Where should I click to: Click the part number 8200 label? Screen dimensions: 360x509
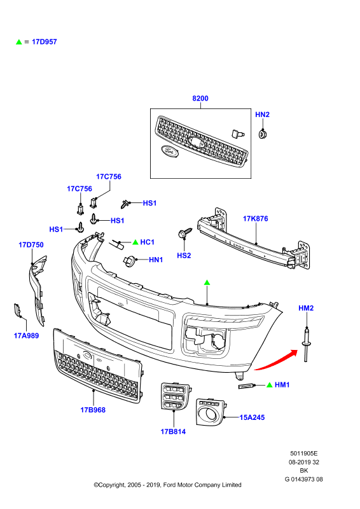coord(200,99)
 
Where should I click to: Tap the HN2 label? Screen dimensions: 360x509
coord(262,115)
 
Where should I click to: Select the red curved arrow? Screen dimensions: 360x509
coord(276,361)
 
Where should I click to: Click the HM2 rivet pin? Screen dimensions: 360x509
coord(305,345)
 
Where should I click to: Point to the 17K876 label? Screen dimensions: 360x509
coord(256,219)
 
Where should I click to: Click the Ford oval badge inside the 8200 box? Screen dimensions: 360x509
coord(169,151)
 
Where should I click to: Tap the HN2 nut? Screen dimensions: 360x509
coord(262,134)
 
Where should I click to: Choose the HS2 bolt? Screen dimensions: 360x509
coord(184,233)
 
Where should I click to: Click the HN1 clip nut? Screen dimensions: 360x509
coord(129,260)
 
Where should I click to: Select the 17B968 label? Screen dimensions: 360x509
coord(93,410)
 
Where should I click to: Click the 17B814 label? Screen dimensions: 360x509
coord(173,432)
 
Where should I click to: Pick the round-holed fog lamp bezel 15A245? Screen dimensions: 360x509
coord(210,412)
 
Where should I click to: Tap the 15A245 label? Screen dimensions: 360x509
coord(253,417)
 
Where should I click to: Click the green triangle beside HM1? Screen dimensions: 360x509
coord(269,385)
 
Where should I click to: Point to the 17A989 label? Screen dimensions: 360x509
coord(26,336)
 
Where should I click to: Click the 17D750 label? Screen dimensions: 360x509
coord(31,245)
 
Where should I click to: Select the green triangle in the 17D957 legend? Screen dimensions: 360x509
coord(19,42)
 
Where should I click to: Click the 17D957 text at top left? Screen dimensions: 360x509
coord(44,42)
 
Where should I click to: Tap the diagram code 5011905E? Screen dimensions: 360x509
coord(304,454)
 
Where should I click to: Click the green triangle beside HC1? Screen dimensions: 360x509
coord(135,242)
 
